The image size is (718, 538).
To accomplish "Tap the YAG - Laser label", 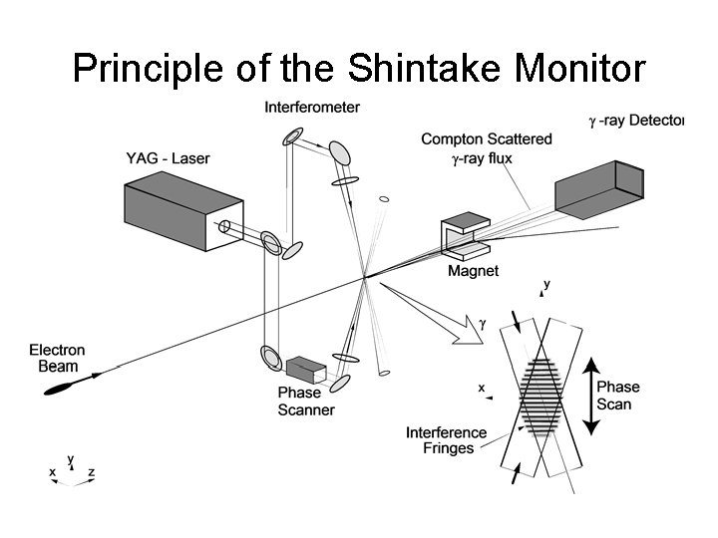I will point(168,158).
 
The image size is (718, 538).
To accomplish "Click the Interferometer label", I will point(312,107).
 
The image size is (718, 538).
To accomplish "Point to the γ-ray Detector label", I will point(636,122).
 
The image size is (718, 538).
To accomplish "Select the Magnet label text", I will point(473,271).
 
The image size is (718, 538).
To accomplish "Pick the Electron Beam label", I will point(57,358).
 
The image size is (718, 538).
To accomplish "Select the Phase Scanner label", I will point(306,401).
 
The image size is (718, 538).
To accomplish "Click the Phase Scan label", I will point(618,396).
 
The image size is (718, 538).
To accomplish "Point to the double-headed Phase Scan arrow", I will point(589,396).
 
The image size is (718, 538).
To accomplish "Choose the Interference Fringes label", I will point(447,439).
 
